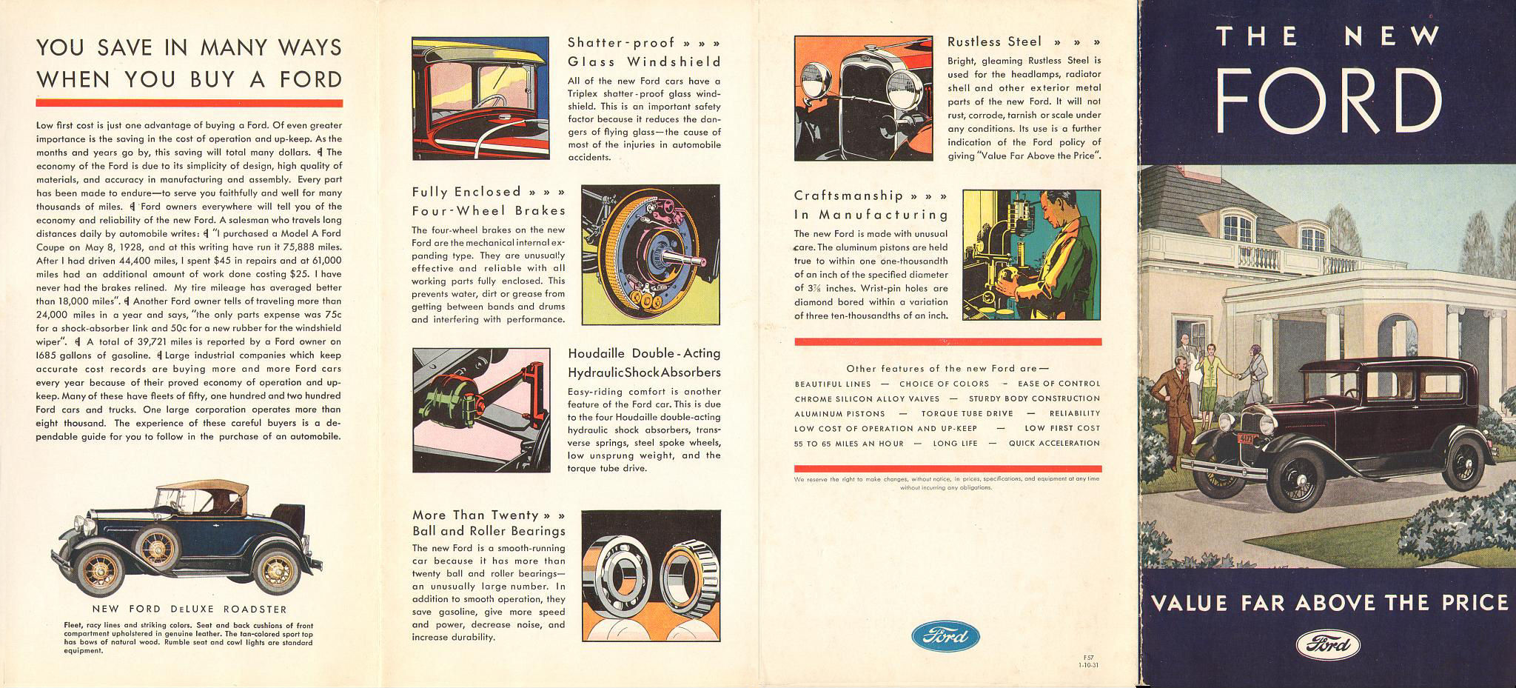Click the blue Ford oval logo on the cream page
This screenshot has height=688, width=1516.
click(x=945, y=635)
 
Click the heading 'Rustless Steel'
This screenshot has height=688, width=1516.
click(x=994, y=42)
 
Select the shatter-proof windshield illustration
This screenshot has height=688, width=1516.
click(x=480, y=98)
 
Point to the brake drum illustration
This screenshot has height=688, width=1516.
click(x=651, y=255)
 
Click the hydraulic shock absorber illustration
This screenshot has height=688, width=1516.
click(x=481, y=410)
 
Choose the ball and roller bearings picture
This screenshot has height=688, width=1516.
click(x=651, y=575)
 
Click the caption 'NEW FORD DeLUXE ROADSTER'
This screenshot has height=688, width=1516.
click(x=189, y=609)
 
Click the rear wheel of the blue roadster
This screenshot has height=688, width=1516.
click(x=275, y=571)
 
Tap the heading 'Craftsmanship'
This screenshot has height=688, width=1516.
click(x=848, y=196)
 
